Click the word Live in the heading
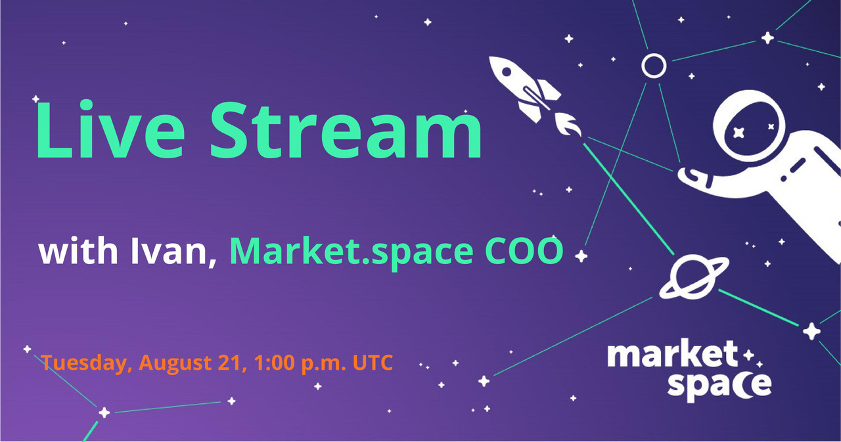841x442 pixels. [110, 129]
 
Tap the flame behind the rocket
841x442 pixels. [568, 124]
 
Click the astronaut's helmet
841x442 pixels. [748, 126]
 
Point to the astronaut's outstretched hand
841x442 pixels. [694, 177]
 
